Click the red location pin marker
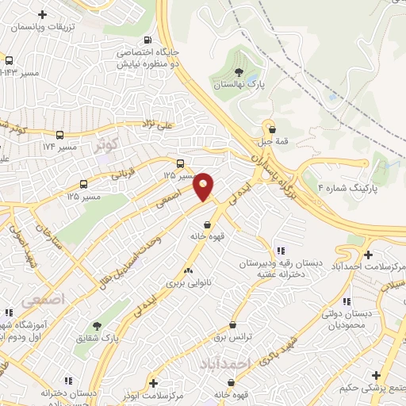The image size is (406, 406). click(204, 186)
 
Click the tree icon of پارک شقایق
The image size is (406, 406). click(97, 326)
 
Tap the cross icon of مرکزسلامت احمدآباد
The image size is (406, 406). click(368, 255)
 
